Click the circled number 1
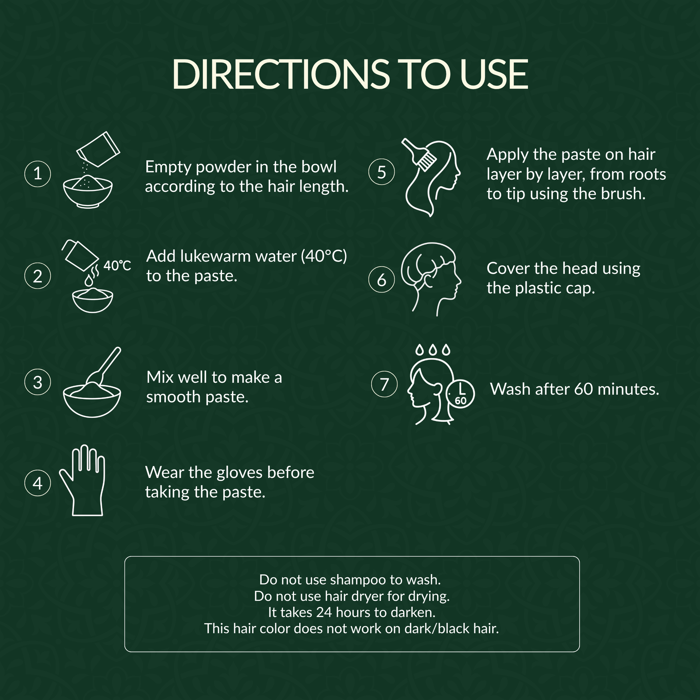pos(38,174)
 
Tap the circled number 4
pos(38,483)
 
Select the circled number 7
pos(385,384)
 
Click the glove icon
pos(83,480)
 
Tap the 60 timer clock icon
pos(460,394)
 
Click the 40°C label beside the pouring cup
pos(117,265)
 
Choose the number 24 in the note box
pos(324,612)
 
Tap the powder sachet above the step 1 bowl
pos(98,149)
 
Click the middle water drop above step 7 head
pos(433,350)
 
